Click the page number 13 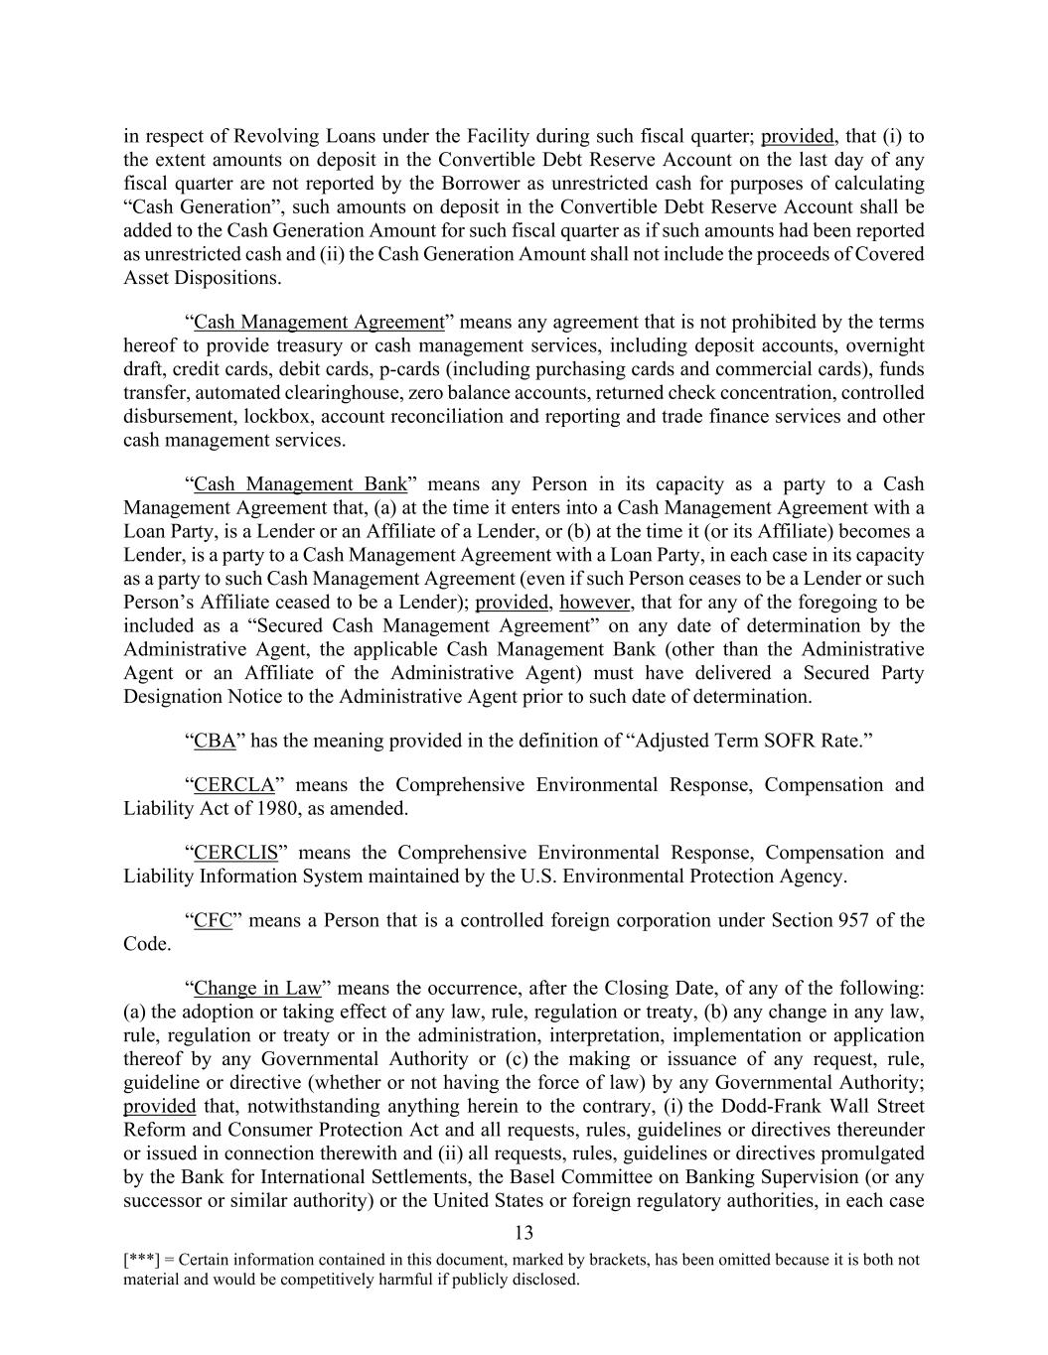coord(524,1234)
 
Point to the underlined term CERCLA coord(233,785)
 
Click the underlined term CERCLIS coord(235,853)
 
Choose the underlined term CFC coord(213,920)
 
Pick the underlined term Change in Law coord(257,988)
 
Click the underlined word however coord(595,603)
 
